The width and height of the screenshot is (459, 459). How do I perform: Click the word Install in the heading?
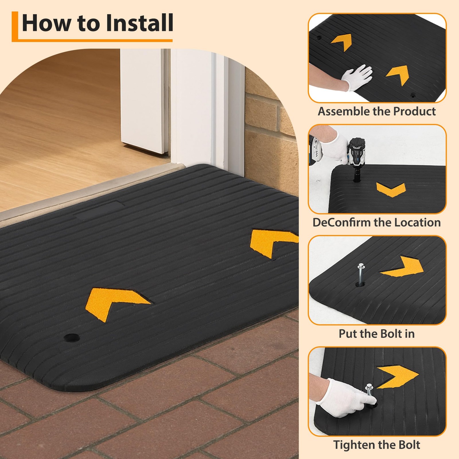click(x=139, y=23)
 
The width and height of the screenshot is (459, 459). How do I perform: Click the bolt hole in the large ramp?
click(x=72, y=337)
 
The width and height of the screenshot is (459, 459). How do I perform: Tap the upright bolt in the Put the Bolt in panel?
click(x=360, y=274)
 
